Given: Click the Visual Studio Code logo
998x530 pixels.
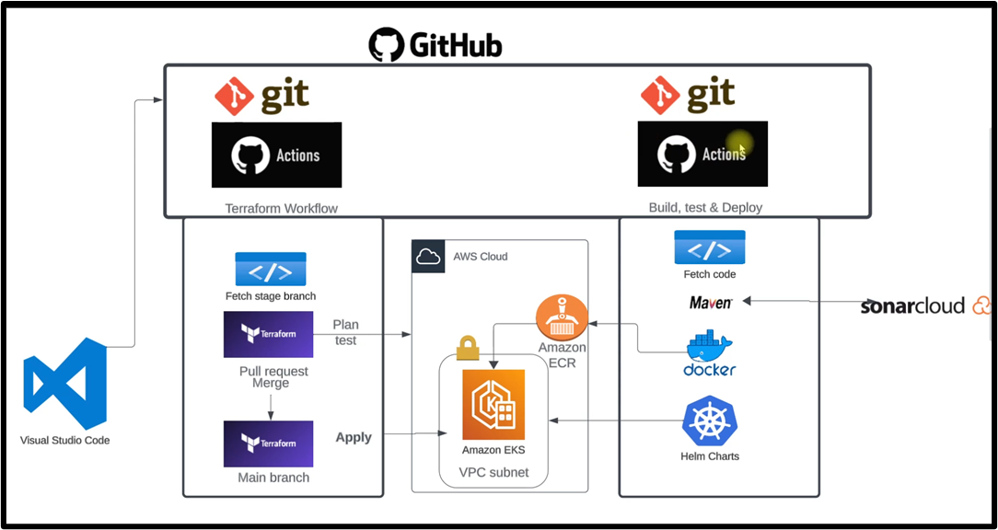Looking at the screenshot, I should pyautogui.click(x=65, y=384).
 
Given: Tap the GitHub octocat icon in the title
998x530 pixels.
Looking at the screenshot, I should pyautogui.click(x=386, y=44).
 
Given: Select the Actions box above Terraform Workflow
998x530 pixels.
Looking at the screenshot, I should pyautogui.click(x=276, y=155).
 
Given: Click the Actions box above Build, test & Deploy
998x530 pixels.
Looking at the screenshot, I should pyautogui.click(x=702, y=154).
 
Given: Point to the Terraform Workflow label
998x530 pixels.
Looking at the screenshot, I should pyautogui.click(x=281, y=209).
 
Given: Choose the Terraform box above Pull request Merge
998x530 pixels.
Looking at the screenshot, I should pyautogui.click(x=268, y=334).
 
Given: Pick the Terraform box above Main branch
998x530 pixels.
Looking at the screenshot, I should pyautogui.click(x=268, y=444).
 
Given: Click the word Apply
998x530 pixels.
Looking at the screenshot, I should pyautogui.click(x=354, y=438).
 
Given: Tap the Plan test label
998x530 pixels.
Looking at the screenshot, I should pyautogui.click(x=345, y=332).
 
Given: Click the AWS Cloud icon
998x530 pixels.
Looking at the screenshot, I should pyautogui.click(x=428, y=257).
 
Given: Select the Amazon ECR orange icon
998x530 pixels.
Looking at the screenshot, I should pyautogui.click(x=561, y=318).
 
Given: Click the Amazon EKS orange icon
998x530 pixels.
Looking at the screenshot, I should pyautogui.click(x=493, y=404).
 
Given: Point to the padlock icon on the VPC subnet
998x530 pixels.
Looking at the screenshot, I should pyautogui.click(x=468, y=347).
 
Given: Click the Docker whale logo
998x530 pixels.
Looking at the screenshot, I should pyautogui.click(x=709, y=347).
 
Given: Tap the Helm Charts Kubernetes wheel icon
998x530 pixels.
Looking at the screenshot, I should pyautogui.click(x=710, y=421).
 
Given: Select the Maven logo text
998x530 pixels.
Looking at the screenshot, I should pyautogui.click(x=711, y=303).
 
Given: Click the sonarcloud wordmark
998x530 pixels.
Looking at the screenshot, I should pyautogui.click(x=912, y=306).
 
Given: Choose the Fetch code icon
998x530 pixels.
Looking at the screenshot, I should pyautogui.click(x=709, y=248).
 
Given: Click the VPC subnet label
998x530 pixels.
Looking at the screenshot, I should pyautogui.click(x=493, y=473).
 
